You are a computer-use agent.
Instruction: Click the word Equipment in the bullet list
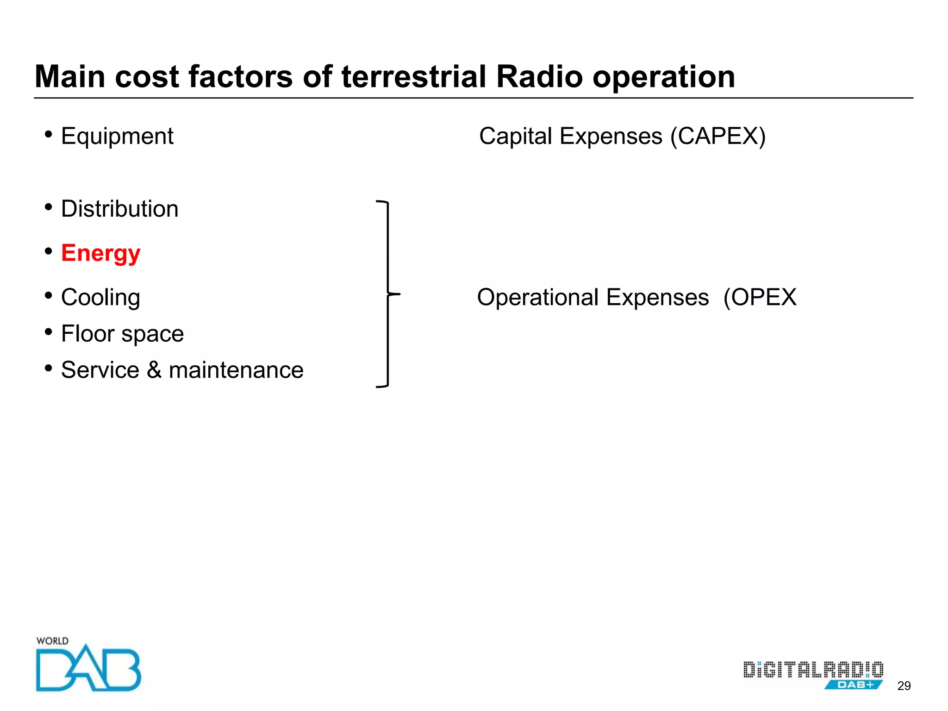(117, 137)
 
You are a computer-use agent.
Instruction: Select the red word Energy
(100, 254)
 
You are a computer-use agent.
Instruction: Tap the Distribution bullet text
(119, 209)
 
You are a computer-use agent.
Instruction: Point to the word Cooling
(100, 298)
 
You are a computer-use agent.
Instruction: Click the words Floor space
(122, 334)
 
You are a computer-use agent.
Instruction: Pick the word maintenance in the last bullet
(236, 370)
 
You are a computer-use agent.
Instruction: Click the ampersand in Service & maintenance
(154, 370)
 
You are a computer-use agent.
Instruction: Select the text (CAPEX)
(718, 137)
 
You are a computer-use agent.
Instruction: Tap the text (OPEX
(760, 298)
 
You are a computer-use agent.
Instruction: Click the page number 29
(904, 686)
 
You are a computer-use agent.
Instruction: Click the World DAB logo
(88, 665)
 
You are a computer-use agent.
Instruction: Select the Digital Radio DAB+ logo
(813, 675)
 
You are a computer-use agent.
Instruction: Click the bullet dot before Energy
(49, 251)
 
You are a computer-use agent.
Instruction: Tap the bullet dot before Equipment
(49, 134)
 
